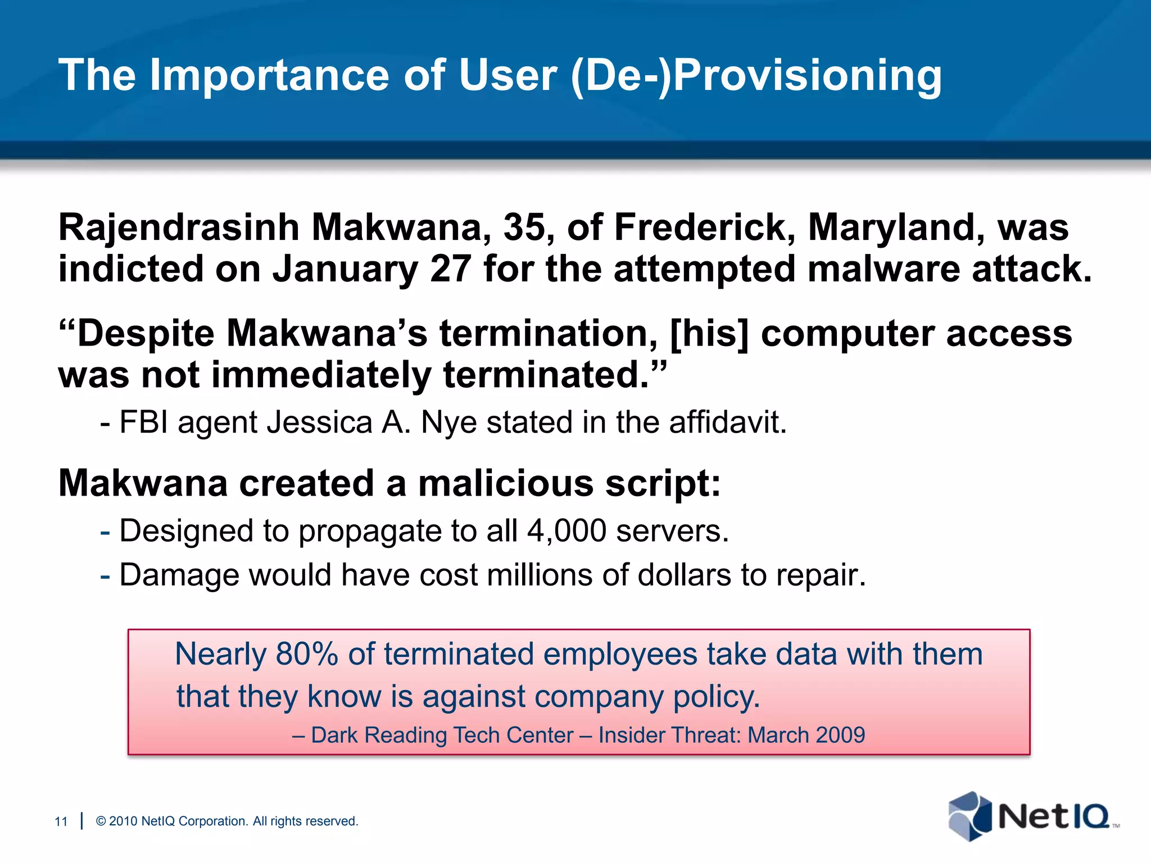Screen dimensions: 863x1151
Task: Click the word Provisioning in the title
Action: click(807, 76)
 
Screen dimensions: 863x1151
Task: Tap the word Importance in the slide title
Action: click(269, 76)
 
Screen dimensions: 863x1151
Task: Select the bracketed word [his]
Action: click(709, 333)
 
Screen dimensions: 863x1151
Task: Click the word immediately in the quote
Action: click(321, 375)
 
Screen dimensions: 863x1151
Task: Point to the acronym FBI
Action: click(144, 422)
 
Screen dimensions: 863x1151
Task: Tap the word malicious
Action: click(505, 483)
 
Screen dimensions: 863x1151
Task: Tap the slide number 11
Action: click(61, 821)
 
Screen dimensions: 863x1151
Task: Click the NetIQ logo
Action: click(1032, 816)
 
